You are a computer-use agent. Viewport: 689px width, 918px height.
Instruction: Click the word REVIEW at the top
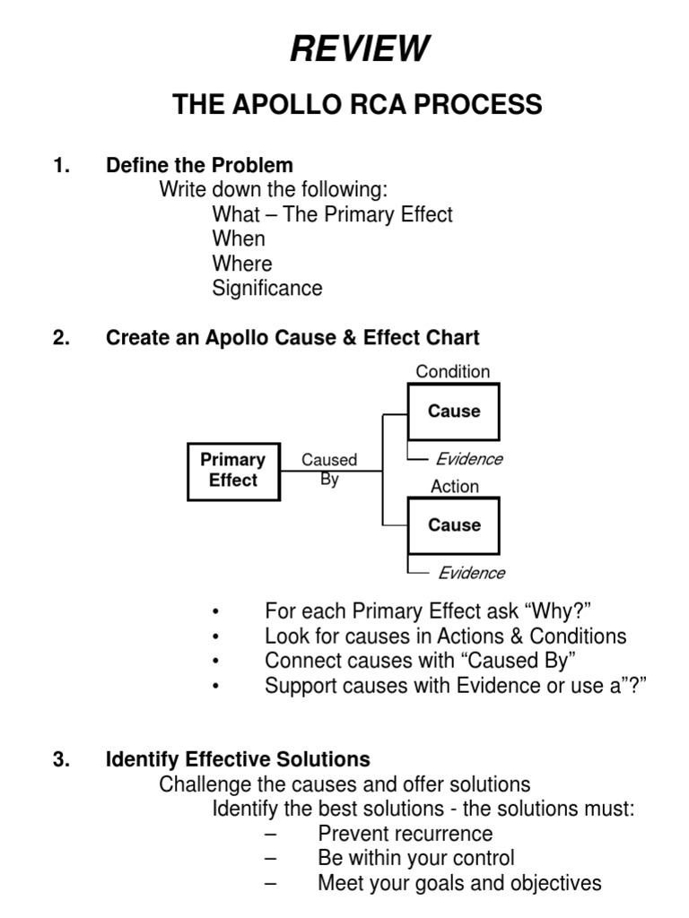coord(360,48)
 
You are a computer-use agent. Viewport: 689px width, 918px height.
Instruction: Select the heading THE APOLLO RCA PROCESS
coord(357,105)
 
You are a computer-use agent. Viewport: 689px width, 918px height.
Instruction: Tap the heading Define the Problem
coord(199,165)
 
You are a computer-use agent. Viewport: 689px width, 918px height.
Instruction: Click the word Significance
coord(266,289)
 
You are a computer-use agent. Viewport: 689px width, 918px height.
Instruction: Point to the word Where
coord(241,264)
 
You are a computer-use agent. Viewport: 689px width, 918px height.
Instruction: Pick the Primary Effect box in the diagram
coord(233,471)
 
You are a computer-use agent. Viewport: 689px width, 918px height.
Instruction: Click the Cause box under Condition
coord(453,411)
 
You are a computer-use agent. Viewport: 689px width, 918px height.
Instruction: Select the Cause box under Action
coord(453,525)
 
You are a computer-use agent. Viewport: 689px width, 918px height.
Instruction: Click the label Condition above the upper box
coord(453,372)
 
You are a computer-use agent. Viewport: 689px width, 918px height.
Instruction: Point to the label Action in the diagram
coord(454,487)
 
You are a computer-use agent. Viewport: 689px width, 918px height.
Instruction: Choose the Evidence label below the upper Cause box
coord(469,459)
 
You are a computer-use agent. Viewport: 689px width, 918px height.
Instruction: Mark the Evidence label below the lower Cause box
coord(471,573)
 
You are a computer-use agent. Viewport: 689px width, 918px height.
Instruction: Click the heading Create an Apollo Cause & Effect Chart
coord(292,338)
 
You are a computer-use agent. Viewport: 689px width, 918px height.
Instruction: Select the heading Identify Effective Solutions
coord(238,759)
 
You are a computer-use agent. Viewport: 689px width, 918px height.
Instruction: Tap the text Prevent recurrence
coord(405,834)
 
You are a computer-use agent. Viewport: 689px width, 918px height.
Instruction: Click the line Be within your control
coord(415,858)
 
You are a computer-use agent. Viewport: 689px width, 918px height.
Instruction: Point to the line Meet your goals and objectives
coord(459,883)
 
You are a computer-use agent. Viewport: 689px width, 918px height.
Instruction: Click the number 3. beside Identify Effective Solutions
coord(61,759)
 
